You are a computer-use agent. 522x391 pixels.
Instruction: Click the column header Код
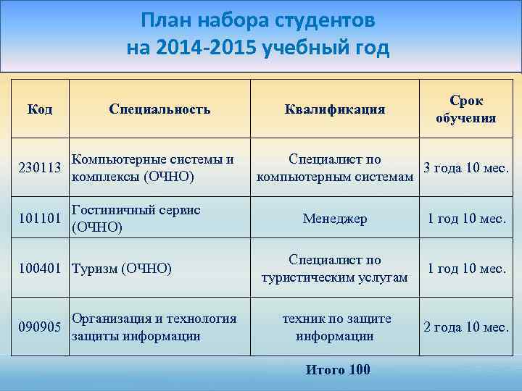click(x=39, y=109)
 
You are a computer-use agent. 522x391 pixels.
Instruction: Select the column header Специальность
click(x=159, y=109)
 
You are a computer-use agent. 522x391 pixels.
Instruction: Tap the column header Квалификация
click(x=335, y=109)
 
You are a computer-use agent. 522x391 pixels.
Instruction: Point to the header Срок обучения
click(x=466, y=109)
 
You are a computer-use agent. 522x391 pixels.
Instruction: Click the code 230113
click(x=39, y=168)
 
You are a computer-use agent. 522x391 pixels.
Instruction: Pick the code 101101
click(x=39, y=219)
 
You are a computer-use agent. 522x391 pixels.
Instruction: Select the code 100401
click(x=39, y=269)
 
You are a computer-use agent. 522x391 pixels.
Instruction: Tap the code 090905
click(x=39, y=327)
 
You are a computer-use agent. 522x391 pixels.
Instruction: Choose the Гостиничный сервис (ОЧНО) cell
click(x=136, y=218)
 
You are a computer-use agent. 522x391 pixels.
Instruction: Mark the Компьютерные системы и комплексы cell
click(x=153, y=167)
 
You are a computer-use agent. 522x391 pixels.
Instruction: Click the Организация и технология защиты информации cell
click(x=154, y=327)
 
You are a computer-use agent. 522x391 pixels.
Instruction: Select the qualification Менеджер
click(x=335, y=219)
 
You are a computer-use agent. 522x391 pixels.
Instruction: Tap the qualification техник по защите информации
click(x=335, y=327)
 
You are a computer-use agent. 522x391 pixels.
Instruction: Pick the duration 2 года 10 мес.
click(x=466, y=327)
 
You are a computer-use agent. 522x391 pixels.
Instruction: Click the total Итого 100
click(x=338, y=370)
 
